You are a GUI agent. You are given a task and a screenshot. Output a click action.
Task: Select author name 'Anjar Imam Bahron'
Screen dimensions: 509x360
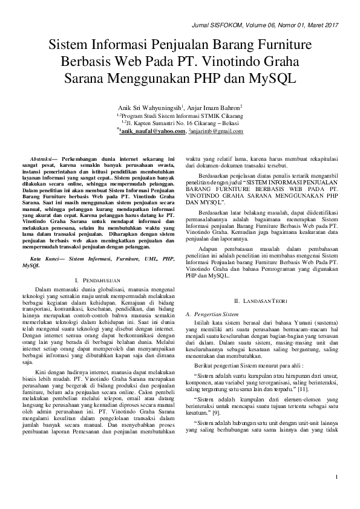(x=214, y=109)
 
